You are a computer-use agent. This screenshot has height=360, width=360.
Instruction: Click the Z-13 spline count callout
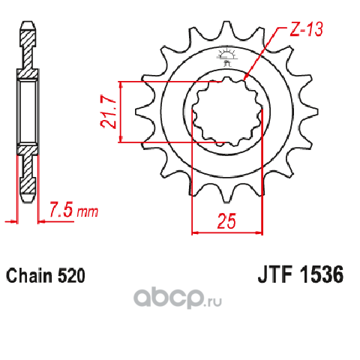(x=306, y=28)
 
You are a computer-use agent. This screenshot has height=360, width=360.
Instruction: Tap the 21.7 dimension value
(x=108, y=112)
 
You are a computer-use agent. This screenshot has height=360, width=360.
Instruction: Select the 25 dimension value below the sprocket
(x=226, y=221)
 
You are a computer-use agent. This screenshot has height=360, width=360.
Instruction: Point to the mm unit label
(x=88, y=212)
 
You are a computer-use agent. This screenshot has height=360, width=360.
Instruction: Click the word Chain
(x=29, y=276)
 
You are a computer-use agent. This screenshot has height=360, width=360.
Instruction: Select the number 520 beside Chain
(x=72, y=276)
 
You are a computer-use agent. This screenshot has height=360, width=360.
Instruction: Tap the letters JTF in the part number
(x=275, y=274)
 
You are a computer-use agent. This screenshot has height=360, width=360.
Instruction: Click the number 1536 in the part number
(x=322, y=274)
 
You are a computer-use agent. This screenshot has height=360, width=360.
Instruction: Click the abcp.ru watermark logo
(x=178, y=298)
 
